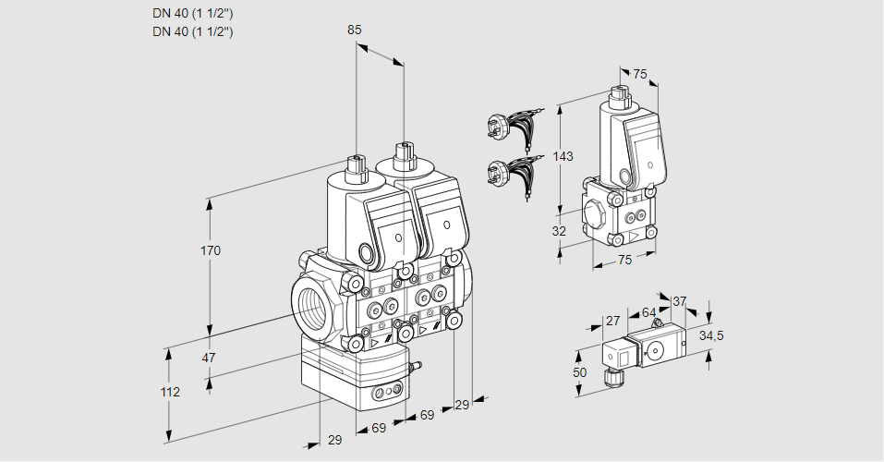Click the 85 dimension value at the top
pos(355,30)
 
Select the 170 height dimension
pos(211,250)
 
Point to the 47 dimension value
pos(209,358)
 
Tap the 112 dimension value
pos(169,392)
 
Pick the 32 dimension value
pos(559,231)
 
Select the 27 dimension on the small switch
pos(612,321)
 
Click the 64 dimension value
pos(648,312)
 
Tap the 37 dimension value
pos(680,301)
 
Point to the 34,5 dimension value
pos(710,335)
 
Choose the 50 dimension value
pos(579,371)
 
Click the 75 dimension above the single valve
pos(640,75)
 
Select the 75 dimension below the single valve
pos(624,261)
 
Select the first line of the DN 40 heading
pos(192,13)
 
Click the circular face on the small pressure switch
pos(657,350)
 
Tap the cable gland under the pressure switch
pos(609,377)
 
